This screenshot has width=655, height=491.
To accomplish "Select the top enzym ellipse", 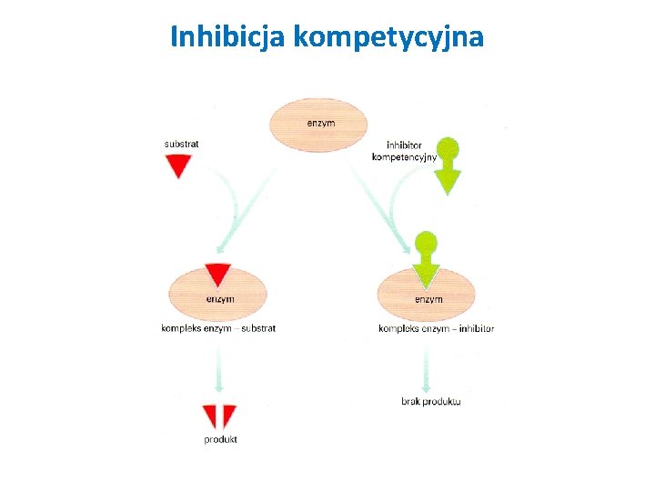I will pos(318,125).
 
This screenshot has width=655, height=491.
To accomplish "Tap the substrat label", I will pos(182,143).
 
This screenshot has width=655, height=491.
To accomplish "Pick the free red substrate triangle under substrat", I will pos(178,165).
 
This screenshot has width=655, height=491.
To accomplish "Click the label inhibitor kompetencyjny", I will pos(404,151).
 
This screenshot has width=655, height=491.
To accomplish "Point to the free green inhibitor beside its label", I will pos(448,169).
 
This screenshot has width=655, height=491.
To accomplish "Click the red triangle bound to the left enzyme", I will pos(218,274).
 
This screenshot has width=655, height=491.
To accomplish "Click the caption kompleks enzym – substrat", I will pos(218,328).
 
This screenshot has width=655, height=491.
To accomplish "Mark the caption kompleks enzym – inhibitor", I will pos(437,328).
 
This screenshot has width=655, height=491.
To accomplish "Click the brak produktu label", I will pos(431,401).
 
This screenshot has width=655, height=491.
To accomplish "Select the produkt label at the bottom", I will pos(220,439).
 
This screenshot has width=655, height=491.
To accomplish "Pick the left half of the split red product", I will pos(210,415).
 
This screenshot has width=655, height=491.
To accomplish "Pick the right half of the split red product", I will pos(228,415).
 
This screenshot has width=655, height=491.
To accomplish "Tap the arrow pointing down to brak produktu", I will pos(426,368).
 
